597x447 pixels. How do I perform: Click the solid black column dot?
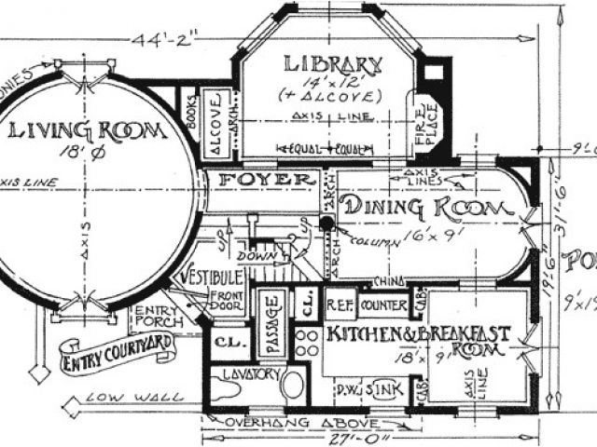point(327,223)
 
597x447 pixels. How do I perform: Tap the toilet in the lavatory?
point(292,385)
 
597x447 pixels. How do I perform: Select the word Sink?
point(382,386)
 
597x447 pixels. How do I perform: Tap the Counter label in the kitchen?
point(382,305)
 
